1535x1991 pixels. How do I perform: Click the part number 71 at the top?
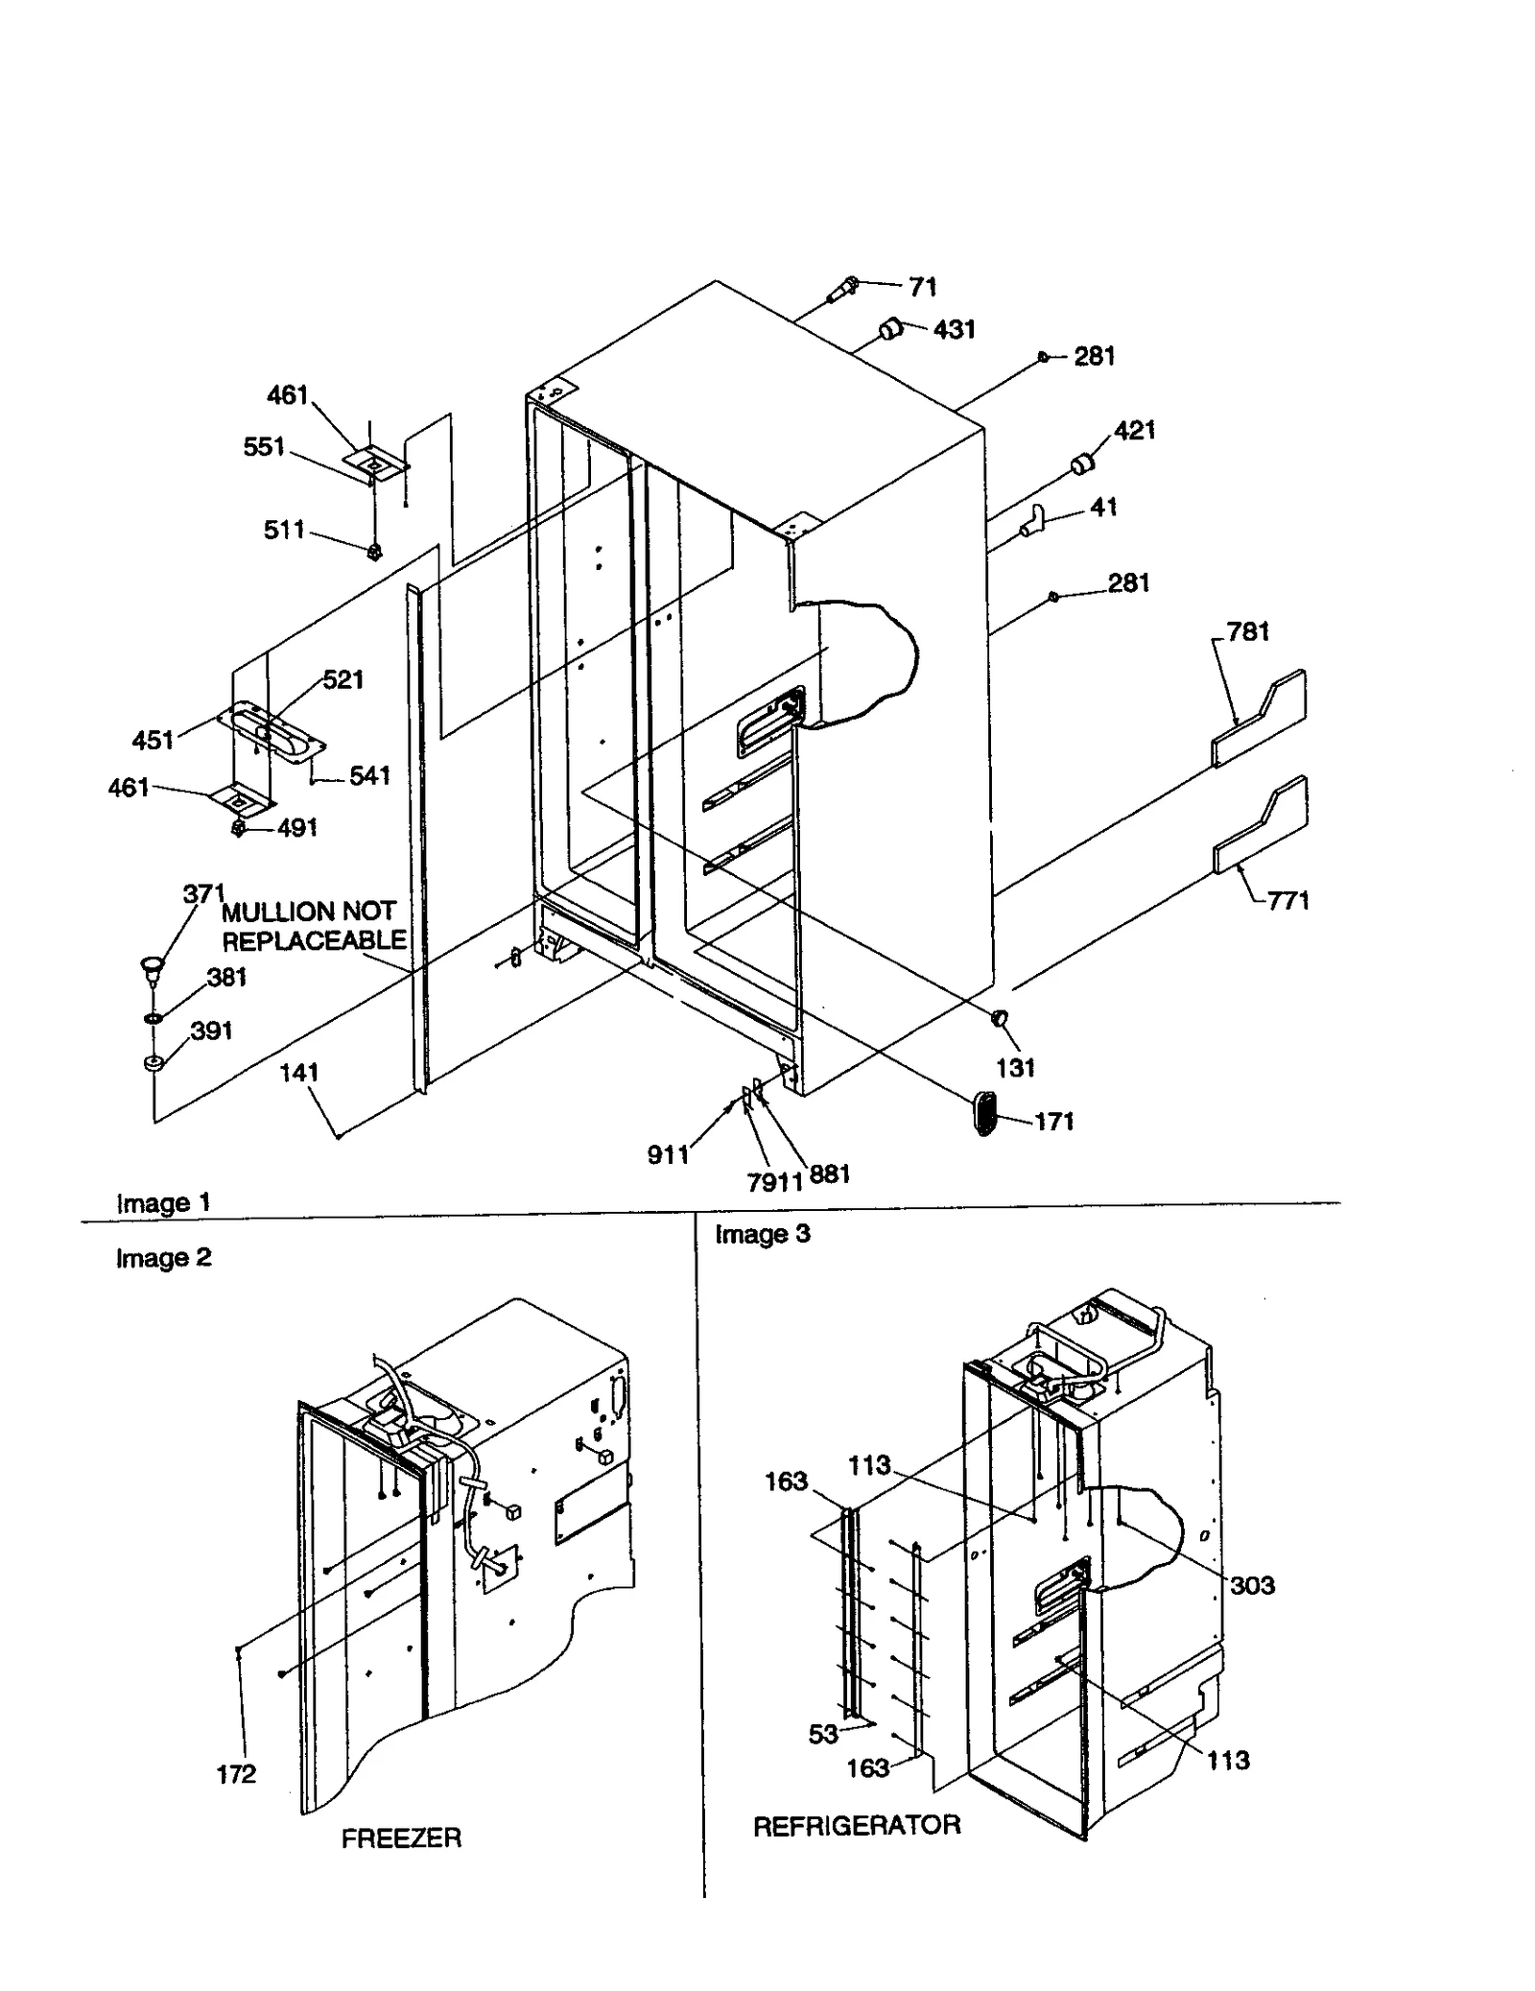pyautogui.click(x=922, y=287)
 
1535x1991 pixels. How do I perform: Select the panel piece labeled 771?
pyautogui.click(x=1259, y=826)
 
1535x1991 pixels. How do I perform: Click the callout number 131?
pyautogui.click(x=1015, y=1068)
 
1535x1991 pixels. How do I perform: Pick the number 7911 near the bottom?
pyautogui.click(x=774, y=1182)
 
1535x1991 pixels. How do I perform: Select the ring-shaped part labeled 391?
pyautogui.click(x=152, y=1062)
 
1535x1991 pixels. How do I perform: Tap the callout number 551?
pyautogui.click(x=264, y=447)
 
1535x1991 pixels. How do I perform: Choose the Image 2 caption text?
pyautogui.click(x=163, y=1258)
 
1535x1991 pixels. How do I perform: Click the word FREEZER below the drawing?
pyautogui.click(x=401, y=1838)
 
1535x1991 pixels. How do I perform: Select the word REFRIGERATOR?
pyautogui.click(x=856, y=1826)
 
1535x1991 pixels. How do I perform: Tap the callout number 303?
pyautogui.click(x=1252, y=1586)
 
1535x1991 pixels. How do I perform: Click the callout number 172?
pyautogui.click(x=236, y=1774)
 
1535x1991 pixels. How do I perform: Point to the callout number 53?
pyautogui.click(x=823, y=1734)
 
